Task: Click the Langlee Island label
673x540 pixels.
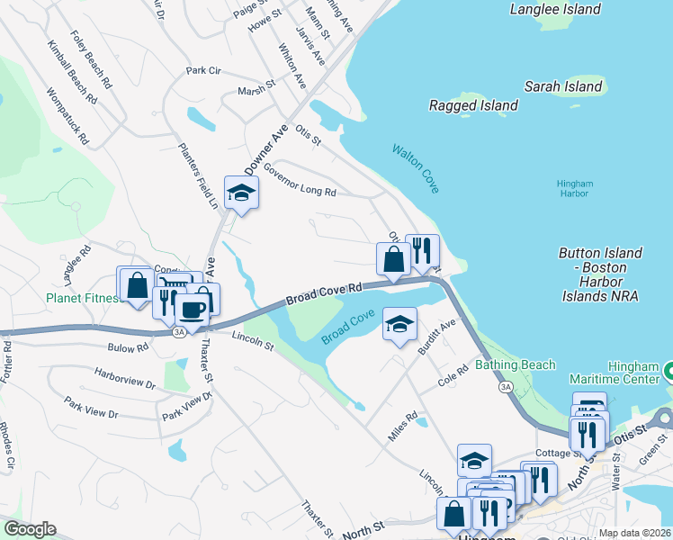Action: (x=554, y=9)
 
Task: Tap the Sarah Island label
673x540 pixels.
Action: (x=563, y=86)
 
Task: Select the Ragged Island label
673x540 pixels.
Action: (x=473, y=105)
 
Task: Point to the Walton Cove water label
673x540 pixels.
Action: (x=415, y=168)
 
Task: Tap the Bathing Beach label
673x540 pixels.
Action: (x=516, y=364)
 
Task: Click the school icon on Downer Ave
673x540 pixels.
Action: (x=241, y=193)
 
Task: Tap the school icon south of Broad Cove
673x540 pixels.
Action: (x=399, y=324)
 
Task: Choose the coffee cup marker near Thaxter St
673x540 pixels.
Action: (x=192, y=310)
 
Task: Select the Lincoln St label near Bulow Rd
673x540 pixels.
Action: (x=252, y=340)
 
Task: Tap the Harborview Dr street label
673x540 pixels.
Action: (x=126, y=379)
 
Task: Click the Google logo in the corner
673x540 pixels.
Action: (x=29, y=529)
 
